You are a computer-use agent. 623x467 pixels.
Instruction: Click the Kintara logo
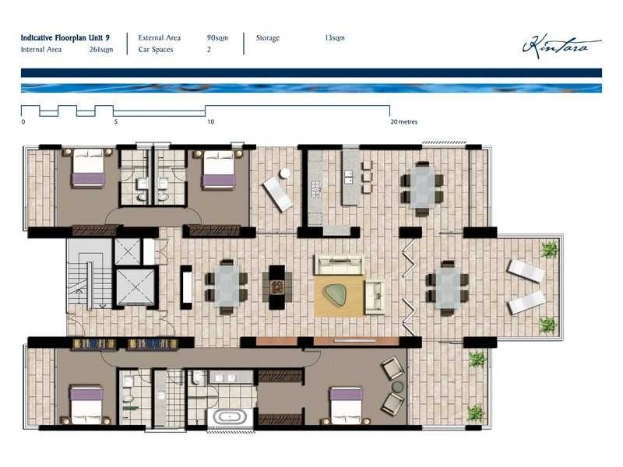pyautogui.click(x=560, y=46)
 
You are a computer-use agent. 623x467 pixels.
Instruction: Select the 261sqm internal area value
pyautogui.click(x=101, y=50)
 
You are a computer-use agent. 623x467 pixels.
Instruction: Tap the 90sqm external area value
pyautogui.click(x=216, y=37)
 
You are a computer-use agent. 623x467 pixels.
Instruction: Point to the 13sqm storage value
pyautogui.click(x=335, y=37)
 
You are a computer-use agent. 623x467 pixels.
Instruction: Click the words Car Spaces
pyautogui.click(x=156, y=50)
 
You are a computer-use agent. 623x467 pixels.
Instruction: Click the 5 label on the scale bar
pyautogui.click(x=116, y=122)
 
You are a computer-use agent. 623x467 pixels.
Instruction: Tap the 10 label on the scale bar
pyautogui.click(x=210, y=122)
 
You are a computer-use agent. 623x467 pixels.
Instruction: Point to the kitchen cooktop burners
pyautogui.click(x=316, y=188)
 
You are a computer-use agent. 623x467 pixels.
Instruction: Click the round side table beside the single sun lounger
pyautogui.click(x=285, y=173)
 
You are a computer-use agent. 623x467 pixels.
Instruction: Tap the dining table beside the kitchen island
pyautogui.click(x=421, y=188)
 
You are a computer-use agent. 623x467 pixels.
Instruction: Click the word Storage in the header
pyautogui.click(x=267, y=37)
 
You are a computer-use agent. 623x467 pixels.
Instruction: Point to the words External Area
pyautogui.click(x=160, y=37)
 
